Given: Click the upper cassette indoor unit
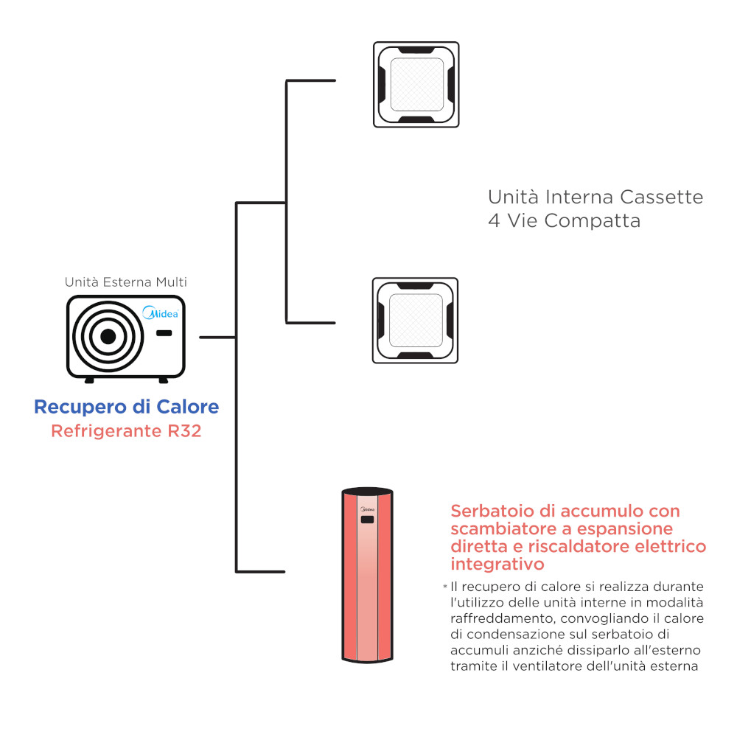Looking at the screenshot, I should tap(416, 84).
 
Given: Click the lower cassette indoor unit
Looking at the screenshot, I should tap(415, 320).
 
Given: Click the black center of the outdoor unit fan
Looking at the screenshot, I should tap(108, 337).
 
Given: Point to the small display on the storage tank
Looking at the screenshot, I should tap(366, 520).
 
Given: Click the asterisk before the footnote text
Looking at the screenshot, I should tap(445, 587).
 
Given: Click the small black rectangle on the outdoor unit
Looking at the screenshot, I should tap(164, 333).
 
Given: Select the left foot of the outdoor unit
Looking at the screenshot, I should tap(89, 380).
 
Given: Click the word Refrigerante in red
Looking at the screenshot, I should tap(102, 431).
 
